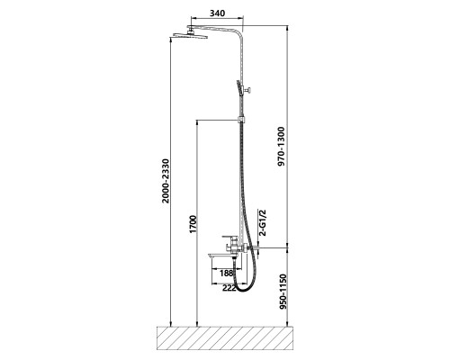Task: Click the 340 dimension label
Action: coord(217,13)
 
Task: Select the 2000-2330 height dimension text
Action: coord(166,181)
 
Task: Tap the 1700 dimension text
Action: coord(193,224)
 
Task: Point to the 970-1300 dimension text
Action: coord(282,147)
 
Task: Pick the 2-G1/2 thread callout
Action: coord(263,223)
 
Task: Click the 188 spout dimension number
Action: coord(227,274)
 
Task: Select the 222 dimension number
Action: coord(229,288)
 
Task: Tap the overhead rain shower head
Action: coord(189,35)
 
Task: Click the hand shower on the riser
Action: coord(239,88)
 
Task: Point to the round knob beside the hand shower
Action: coord(248,89)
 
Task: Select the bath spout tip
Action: coord(210,256)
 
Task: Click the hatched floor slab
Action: coord(225,338)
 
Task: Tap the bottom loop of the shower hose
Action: coord(244,289)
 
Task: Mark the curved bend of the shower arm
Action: coord(238,33)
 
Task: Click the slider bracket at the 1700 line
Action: coord(241,120)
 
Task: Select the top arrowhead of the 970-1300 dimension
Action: coord(288,29)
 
